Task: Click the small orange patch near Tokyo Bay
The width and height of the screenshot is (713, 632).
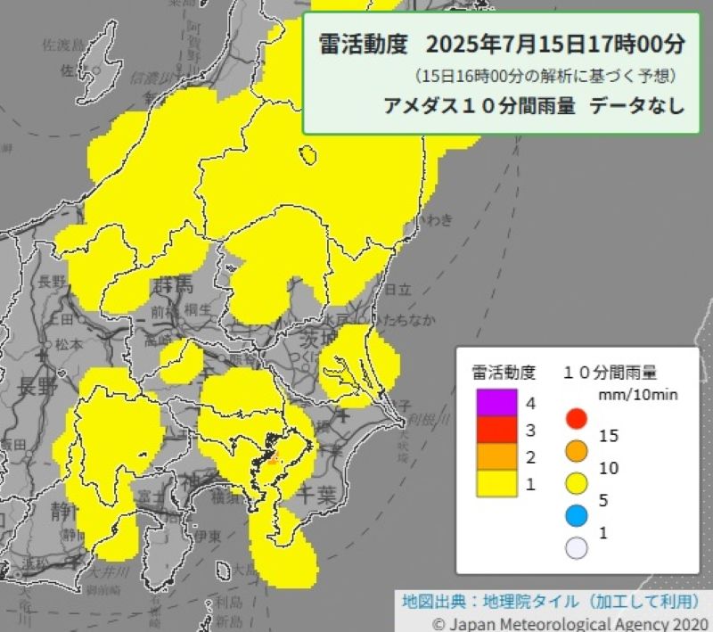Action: [x=273, y=458]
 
